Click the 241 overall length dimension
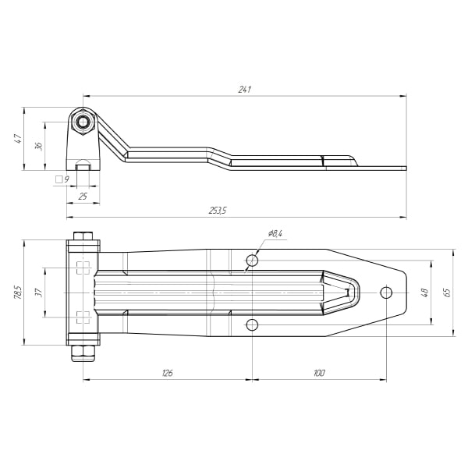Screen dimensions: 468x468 pyautogui.click(x=244, y=90)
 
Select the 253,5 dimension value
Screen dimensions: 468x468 pyautogui.click(x=218, y=211)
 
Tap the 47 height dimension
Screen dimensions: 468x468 pyautogui.click(x=18, y=139)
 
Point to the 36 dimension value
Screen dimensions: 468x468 pyautogui.click(x=39, y=146)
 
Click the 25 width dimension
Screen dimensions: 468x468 pyautogui.click(x=83, y=197)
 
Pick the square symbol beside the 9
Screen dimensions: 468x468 pyautogui.click(x=58, y=179)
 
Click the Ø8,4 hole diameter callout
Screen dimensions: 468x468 pyautogui.click(x=275, y=233)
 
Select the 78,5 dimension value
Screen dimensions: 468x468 pyautogui.click(x=18, y=292)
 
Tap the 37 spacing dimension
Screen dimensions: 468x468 pyautogui.click(x=39, y=292)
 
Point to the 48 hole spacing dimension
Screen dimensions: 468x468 pyautogui.click(x=424, y=292)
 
